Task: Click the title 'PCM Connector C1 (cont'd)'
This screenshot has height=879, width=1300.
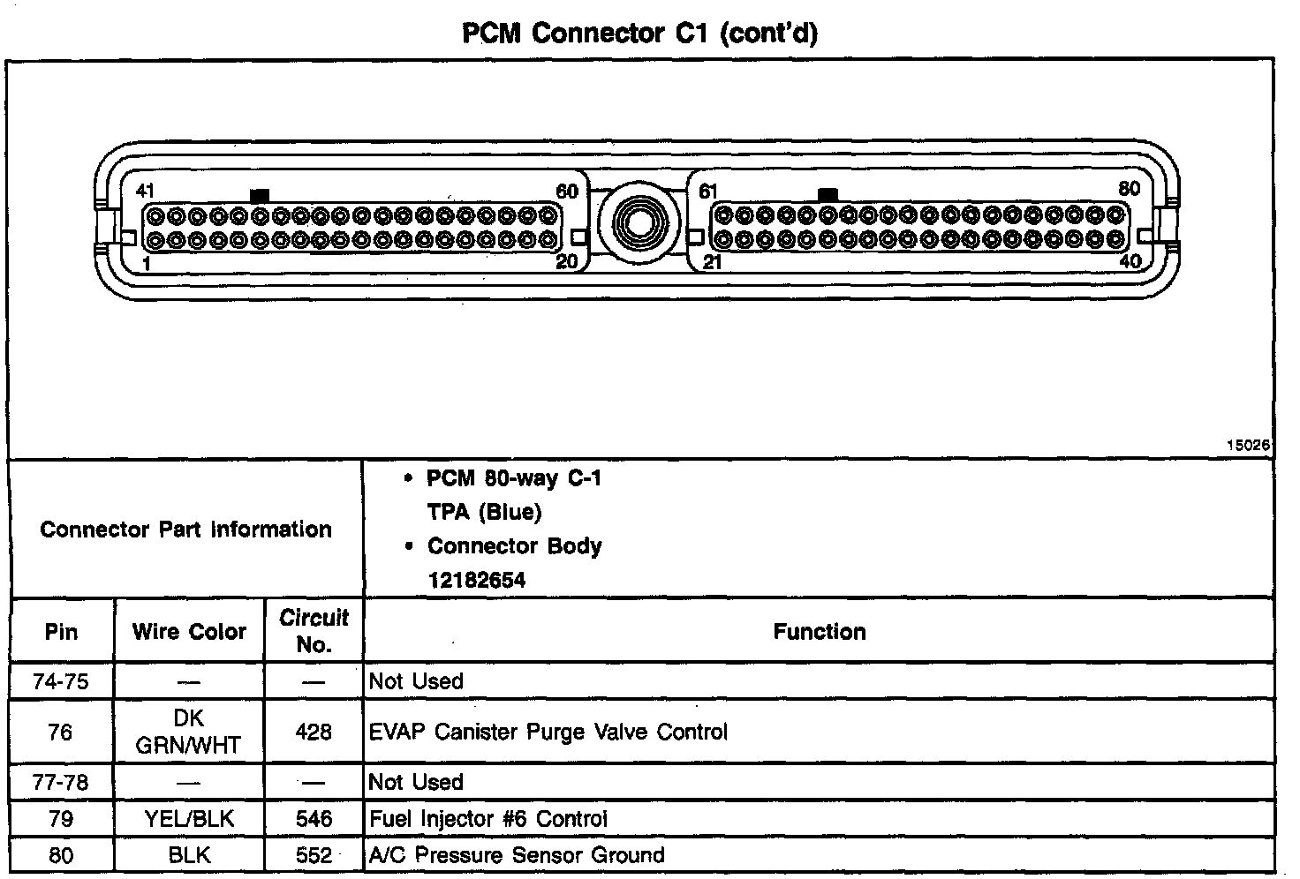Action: pos(640,34)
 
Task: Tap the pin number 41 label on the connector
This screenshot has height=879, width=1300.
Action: pos(145,191)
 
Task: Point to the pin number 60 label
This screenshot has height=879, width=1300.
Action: pos(566,192)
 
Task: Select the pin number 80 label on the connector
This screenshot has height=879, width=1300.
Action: pos(1129,189)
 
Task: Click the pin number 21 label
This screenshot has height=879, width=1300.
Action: pos(712,262)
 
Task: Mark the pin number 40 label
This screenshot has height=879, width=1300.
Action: pos(1130,261)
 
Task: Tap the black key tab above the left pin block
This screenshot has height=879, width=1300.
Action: pos(260,194)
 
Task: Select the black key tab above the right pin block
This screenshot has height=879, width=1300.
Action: pos(828,193)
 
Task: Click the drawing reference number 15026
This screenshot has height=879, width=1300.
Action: pos(1248,446)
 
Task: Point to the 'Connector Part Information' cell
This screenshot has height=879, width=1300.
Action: pos(185,530)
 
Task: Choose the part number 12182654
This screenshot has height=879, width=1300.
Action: pos(476,580)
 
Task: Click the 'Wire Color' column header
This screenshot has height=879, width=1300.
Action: pos(189,632)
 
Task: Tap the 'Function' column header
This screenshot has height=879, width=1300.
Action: pos(819,632)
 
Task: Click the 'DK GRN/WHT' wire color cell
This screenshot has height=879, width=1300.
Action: pos(188,732)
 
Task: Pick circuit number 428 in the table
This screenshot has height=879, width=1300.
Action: pos(314,732)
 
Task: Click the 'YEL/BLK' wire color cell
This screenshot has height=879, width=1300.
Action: pos(189,819)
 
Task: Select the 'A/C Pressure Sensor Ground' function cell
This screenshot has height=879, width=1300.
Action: pos(517,855)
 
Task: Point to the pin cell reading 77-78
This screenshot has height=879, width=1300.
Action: pos(61,782)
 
